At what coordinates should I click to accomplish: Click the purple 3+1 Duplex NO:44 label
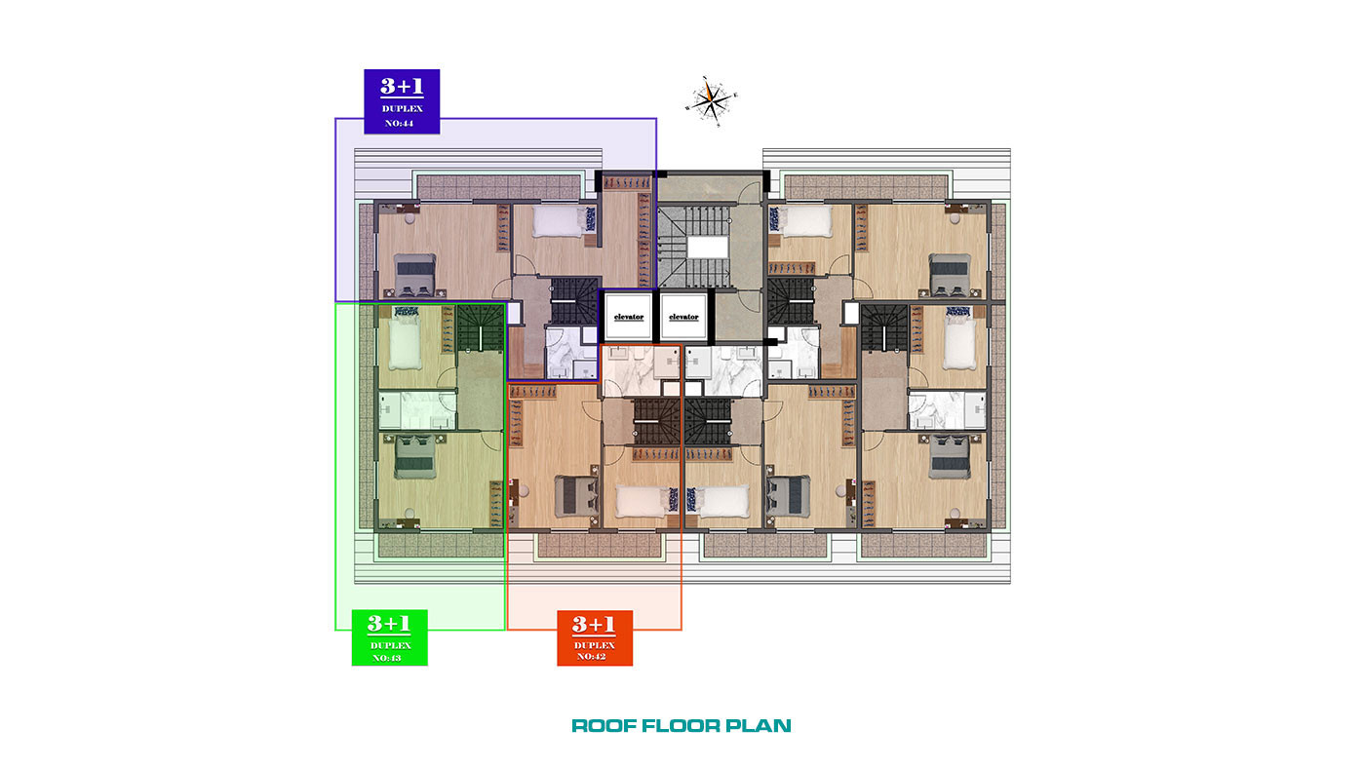click(402, 101)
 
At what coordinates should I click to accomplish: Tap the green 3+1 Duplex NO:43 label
click(389, 637)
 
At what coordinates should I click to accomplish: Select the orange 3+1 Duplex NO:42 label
click(595, 637)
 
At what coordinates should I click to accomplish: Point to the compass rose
click(711, 101)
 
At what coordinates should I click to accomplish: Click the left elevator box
click(628, 317)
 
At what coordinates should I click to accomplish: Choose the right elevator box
click(683, 317)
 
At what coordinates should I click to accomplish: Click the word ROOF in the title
click(604, 725)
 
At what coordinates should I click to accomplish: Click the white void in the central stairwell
click(708, 248)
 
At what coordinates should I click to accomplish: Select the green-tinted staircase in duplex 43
click(481, 327)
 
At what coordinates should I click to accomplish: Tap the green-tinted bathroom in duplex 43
click(417, 410)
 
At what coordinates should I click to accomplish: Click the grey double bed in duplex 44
click(415, 275)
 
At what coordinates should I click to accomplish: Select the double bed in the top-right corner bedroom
click(950, 275)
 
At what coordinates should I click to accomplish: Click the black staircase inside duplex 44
click(575, 299)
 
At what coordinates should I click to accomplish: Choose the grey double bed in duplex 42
click(575, 495)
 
